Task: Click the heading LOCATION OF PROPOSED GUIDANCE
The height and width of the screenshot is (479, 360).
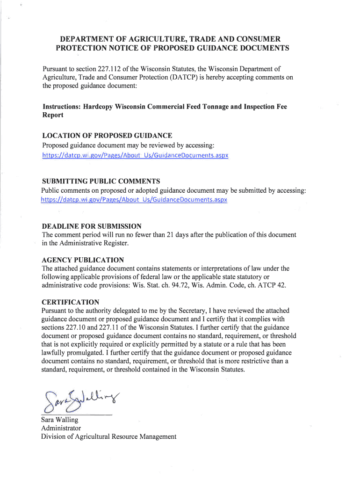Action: (x=107, y=136)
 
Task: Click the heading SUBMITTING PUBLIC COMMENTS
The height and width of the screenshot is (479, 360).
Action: (x=101, y=181)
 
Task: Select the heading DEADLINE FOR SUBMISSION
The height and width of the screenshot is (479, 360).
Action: (x=92, y=226)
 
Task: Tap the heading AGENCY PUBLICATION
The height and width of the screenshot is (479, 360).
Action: (x=83, y=260)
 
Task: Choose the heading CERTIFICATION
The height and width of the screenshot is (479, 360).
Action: (x=70, y=302)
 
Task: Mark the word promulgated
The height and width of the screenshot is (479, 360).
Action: (x=82, y=353)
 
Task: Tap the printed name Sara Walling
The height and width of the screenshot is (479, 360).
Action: (x=60, y=420)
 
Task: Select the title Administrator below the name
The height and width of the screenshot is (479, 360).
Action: (x=61, y=428)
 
